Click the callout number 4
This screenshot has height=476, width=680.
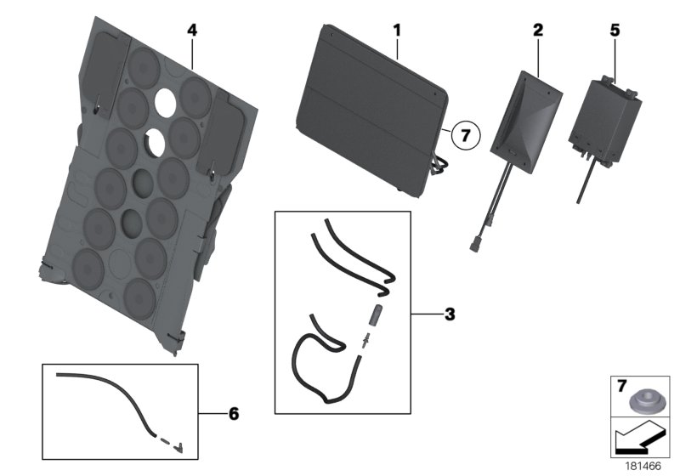pyautogui.click(x=192, y=30)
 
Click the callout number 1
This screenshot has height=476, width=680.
pyautogui.click(x=396, y=30)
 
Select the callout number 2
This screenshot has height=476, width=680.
pyautogui.click(x=537, y=30)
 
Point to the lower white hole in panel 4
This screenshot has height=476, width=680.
pyautogui.click(x=155, y=142)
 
